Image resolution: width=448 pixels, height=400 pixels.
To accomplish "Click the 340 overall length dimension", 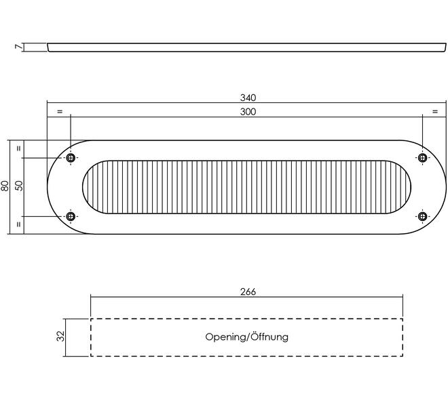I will click(x=248, y=98).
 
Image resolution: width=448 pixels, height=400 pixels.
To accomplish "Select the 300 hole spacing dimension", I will click(x=248, y=111).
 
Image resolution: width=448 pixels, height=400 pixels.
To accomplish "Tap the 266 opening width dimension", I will click(x=248, y=292).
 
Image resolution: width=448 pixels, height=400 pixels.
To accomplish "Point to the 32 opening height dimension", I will click(x=60, y=336).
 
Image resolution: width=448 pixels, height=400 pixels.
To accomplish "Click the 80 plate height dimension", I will click(x=5, y=186).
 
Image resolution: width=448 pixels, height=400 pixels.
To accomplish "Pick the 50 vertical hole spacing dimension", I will click(x=19, y=186).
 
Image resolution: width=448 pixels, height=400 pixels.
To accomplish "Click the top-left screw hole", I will click(x=71, y=158).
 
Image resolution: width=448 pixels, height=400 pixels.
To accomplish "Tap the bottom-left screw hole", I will click(x=71, y=216).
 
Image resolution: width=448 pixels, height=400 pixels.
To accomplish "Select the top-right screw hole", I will click(x=422, y=158).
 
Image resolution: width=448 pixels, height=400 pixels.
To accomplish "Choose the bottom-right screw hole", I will click(x=422, y=216).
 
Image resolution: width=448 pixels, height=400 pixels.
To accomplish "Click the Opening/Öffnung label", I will click(x=247, y=336).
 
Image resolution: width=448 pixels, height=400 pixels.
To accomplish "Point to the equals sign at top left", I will click(x=60, y=111).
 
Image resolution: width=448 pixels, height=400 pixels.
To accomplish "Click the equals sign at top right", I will click(x=434, y=111).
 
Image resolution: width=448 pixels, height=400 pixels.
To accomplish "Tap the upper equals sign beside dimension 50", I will click(x=19, y=148).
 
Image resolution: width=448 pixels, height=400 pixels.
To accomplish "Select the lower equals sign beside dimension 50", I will click(x=19, y=224).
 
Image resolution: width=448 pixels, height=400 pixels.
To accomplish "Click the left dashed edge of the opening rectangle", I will click(x=91, y=337).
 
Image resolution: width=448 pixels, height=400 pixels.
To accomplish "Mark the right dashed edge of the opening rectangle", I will click(x=403, y=337).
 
